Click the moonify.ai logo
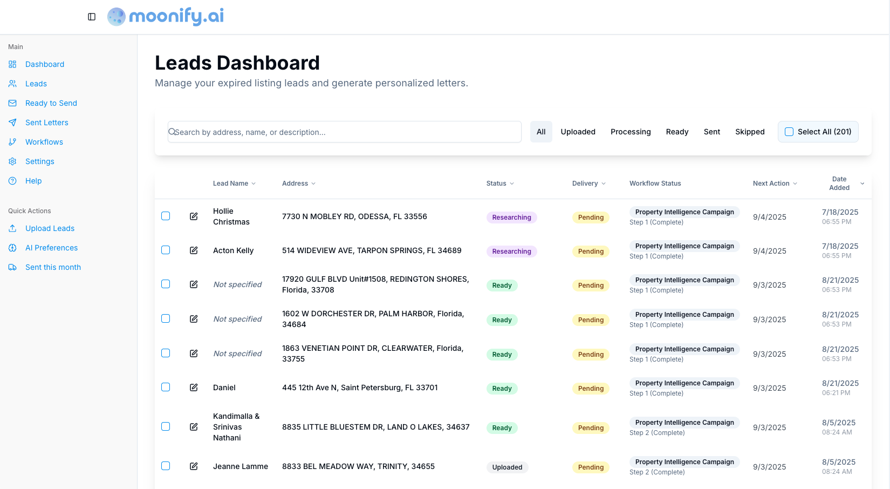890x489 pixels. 166,16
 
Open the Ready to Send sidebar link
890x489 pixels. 51,103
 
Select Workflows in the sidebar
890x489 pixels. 44,142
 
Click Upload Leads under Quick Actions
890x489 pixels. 50,228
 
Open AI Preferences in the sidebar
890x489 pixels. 51,248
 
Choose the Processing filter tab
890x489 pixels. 631,132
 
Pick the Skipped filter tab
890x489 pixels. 750,132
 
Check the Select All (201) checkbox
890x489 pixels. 789,132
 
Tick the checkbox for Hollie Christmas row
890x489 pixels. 166,216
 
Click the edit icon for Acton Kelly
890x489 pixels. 194,250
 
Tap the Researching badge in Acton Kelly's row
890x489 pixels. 511,252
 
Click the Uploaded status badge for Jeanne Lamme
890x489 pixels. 507,467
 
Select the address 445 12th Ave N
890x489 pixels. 360,388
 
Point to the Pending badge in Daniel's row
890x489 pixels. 591,389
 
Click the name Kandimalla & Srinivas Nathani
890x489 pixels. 236,427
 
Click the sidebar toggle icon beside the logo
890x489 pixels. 92,17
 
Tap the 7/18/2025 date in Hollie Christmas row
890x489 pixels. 840,212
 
